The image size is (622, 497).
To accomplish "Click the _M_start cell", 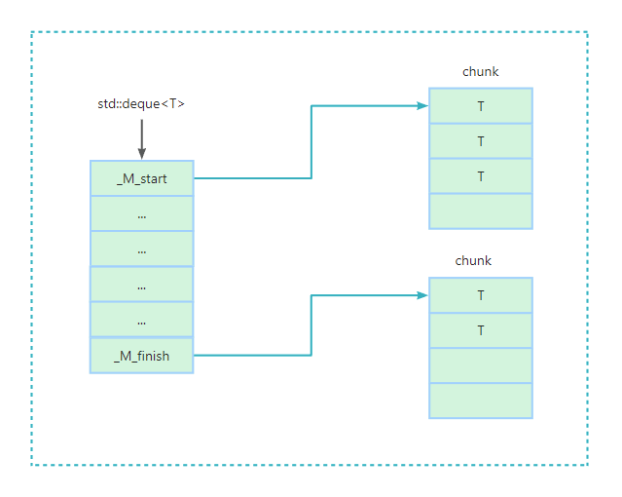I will [142, 178].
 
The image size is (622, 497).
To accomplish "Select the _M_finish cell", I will [142, 356].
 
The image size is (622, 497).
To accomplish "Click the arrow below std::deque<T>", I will [141, 138].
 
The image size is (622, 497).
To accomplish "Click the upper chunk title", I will [480, 72].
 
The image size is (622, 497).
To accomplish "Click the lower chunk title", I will [473, 261].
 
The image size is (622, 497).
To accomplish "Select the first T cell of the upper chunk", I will [481, 106].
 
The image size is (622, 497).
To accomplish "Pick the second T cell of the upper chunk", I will [481, 141].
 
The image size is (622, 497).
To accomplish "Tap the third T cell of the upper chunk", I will [481, 176].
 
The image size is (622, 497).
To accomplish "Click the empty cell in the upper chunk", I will [481, 211].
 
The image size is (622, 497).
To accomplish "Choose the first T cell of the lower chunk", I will [481, 295].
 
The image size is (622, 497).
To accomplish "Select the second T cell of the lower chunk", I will [481, 330].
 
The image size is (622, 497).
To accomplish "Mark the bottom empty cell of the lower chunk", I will [481, 401].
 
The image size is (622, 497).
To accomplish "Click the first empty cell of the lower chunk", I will [481, 365].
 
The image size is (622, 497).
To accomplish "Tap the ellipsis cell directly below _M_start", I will [142, 213].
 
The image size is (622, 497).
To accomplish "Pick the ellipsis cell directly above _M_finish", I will [142, 320].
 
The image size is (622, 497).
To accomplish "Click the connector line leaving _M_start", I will [253, 178].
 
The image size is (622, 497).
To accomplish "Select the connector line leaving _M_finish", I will [253, 356].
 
